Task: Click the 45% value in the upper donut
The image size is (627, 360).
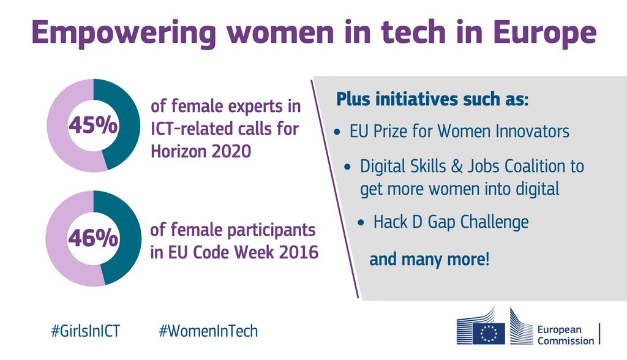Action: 93,126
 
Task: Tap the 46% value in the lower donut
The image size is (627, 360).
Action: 93,238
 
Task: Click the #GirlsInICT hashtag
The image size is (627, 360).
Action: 85,331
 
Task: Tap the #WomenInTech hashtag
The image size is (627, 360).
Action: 208,331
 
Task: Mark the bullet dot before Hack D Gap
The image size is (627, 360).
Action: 361,222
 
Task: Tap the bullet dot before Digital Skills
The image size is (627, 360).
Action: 348,167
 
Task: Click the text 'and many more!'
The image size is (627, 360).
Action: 429,259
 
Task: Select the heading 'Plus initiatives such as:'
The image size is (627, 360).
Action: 432,99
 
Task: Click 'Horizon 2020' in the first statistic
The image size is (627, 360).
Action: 201,151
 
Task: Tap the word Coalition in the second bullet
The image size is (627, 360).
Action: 530,166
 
